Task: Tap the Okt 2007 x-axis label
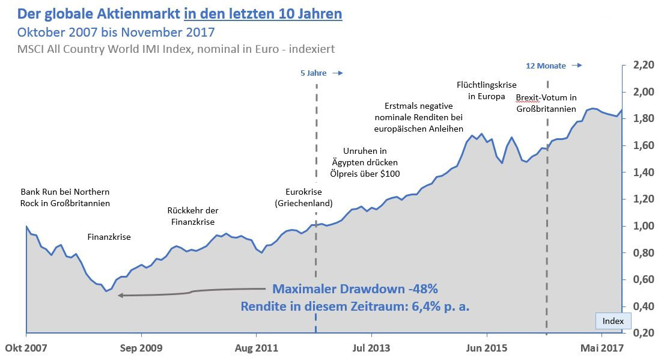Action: tap(26, 347)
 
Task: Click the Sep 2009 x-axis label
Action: tap(142, 347)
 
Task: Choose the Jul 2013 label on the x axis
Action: tap(371, 347)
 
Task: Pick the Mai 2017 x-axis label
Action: tap(601, 347)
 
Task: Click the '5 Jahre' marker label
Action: tap(313, 73)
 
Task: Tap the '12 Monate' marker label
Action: tap(546, 66)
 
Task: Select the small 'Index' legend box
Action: tap(613, 322)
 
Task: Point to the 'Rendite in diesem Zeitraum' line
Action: tap(355, 307)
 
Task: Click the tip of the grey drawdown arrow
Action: tap(120, 295)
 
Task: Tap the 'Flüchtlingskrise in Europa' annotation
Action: tap(486, 90)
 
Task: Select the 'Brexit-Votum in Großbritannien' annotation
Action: tap(546, 103)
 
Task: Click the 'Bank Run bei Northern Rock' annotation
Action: tap(65, 197)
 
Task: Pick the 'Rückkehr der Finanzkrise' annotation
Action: tap(192, 216)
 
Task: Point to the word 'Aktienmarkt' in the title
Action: tap(128, 13)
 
